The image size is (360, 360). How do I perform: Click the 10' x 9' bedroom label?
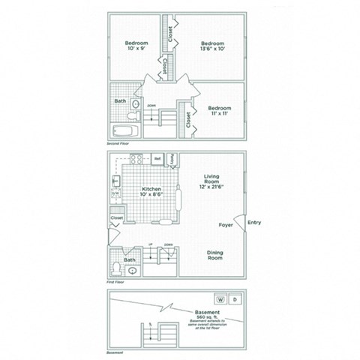[136, 47]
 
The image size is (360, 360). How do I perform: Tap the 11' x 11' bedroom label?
[220, 110]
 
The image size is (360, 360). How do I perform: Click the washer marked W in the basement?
[219, 298]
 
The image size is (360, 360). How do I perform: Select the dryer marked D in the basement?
[235, 298]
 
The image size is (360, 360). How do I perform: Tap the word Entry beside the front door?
[253, 222]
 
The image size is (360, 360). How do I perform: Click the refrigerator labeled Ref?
[158, 159]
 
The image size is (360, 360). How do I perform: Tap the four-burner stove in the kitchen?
[136, 159]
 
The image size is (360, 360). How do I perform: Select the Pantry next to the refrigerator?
[172, 160]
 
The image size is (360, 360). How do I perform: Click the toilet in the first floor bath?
[116, 268]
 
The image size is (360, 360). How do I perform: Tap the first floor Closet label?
[117, 218]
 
